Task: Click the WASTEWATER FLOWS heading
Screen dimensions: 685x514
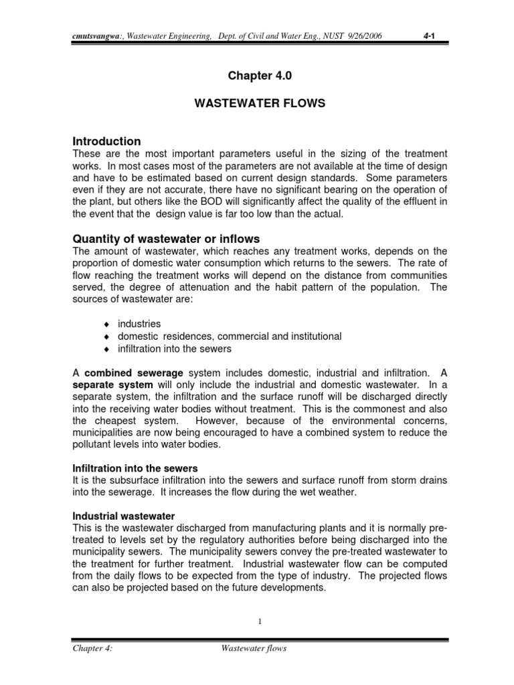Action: tap(259, 105)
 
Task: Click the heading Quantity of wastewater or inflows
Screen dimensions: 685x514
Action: tap(165, 239)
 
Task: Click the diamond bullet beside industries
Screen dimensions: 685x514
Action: tap(106, 324)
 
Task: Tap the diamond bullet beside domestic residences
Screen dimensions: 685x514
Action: tap(106, 337)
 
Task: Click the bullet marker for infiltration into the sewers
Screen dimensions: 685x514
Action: tap(106, 350)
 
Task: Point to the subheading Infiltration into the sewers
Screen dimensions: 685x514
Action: tap(135, 468)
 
